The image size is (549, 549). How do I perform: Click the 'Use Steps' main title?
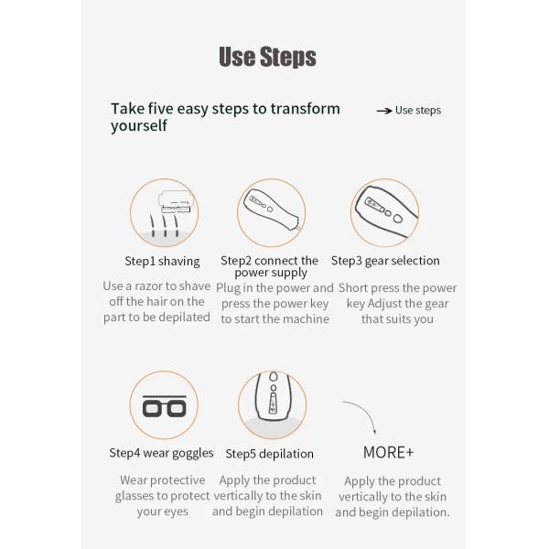267,57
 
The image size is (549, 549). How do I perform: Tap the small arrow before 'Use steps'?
384,111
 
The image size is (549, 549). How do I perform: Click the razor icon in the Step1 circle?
176,202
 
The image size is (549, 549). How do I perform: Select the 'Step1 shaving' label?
162,261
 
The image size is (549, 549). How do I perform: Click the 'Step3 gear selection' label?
385,261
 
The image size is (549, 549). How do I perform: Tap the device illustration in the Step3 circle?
386,210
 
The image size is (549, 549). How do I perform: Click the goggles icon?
164,406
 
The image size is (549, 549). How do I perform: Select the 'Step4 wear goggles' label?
161,453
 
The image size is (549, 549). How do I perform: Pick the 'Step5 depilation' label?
269,454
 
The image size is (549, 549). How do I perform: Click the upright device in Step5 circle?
273,396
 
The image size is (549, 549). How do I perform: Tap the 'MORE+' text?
388,452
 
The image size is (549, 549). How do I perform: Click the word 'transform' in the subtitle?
305,109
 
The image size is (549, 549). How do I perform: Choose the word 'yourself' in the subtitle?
139,125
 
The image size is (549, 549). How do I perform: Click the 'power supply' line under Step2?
271,273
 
